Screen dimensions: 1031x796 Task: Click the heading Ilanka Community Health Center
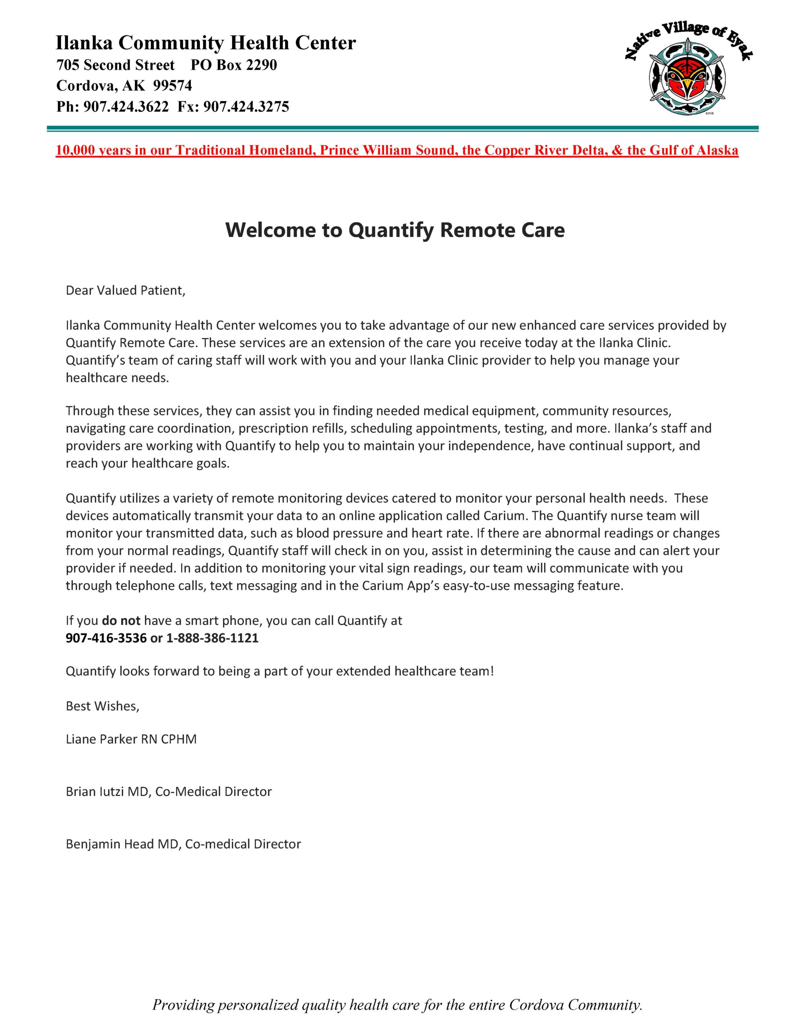206,43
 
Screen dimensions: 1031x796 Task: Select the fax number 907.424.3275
246,107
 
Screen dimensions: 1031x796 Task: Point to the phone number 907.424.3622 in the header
126,107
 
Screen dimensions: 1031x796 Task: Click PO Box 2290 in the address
233,65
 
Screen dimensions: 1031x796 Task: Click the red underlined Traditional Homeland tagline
397,150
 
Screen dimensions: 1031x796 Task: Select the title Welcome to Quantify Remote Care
395,230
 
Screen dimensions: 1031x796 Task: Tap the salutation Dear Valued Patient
126,290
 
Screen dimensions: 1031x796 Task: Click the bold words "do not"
121,620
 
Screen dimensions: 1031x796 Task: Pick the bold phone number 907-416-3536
106,638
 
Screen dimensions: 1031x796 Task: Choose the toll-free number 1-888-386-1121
212,638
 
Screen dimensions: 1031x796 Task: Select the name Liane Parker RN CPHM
131,739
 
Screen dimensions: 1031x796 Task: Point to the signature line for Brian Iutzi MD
169,792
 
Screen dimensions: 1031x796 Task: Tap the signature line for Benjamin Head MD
183,844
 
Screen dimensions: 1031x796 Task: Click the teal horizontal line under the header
402,128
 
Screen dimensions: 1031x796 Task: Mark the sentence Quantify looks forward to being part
280,671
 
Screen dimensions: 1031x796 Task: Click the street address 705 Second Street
115,65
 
